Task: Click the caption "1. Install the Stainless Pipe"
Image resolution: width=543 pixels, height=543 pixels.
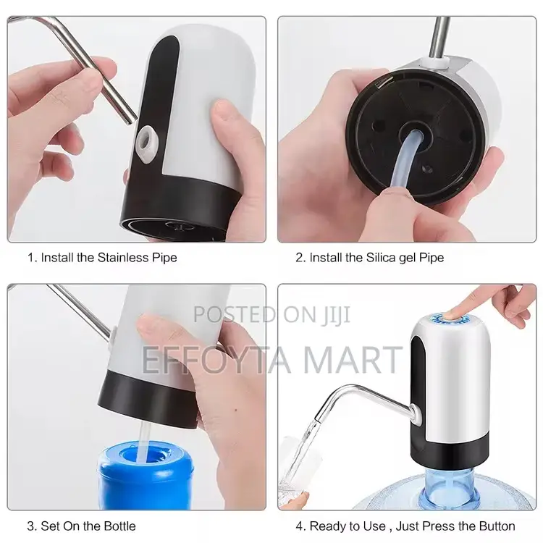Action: pyautogui.click(x=102, y=257)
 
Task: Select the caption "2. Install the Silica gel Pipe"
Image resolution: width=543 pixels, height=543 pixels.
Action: pyautogui.click(x=369, y=257)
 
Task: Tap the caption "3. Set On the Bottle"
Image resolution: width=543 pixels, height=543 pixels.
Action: pyautogui.click(x=82, y=526)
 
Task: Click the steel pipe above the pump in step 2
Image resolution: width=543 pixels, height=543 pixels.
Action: pyautogui.click(x=439, y=36)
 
